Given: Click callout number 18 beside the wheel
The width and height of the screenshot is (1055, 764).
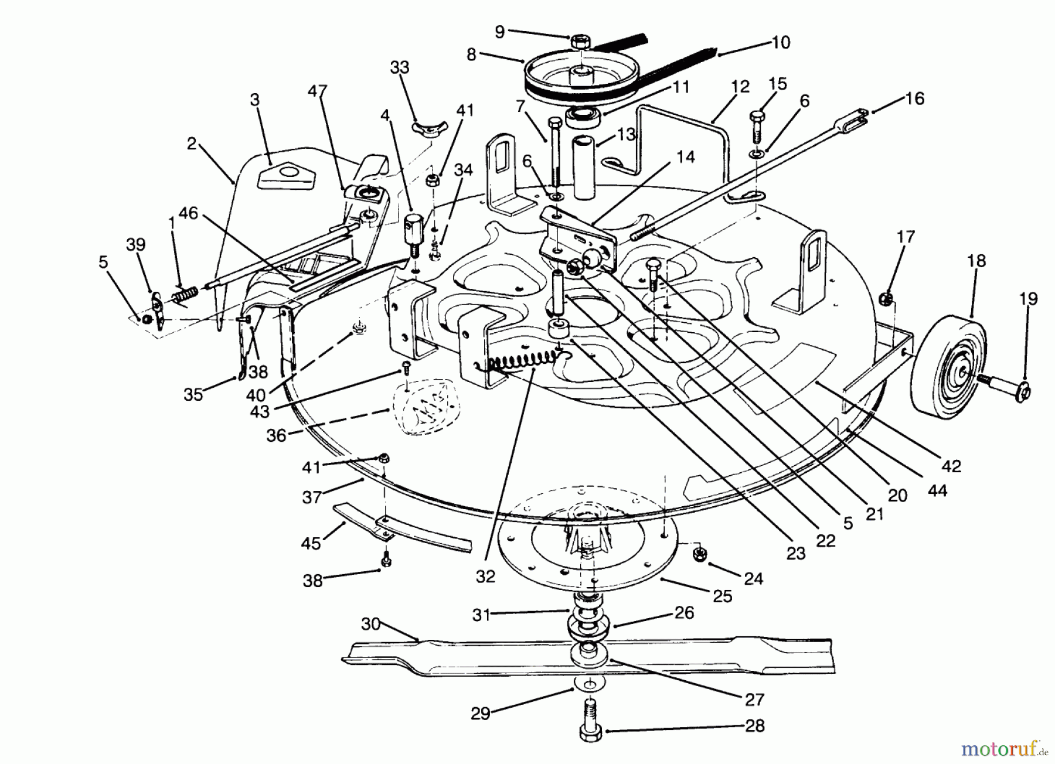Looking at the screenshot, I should pos(976,261).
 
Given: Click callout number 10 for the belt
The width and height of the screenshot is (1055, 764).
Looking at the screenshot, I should pos(781,42).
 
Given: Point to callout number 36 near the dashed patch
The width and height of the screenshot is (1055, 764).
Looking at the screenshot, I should pos(277,435).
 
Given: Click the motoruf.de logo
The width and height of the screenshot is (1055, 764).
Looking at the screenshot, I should pos(1003,748).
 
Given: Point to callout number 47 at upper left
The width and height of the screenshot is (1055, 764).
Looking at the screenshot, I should pos(317,91).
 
